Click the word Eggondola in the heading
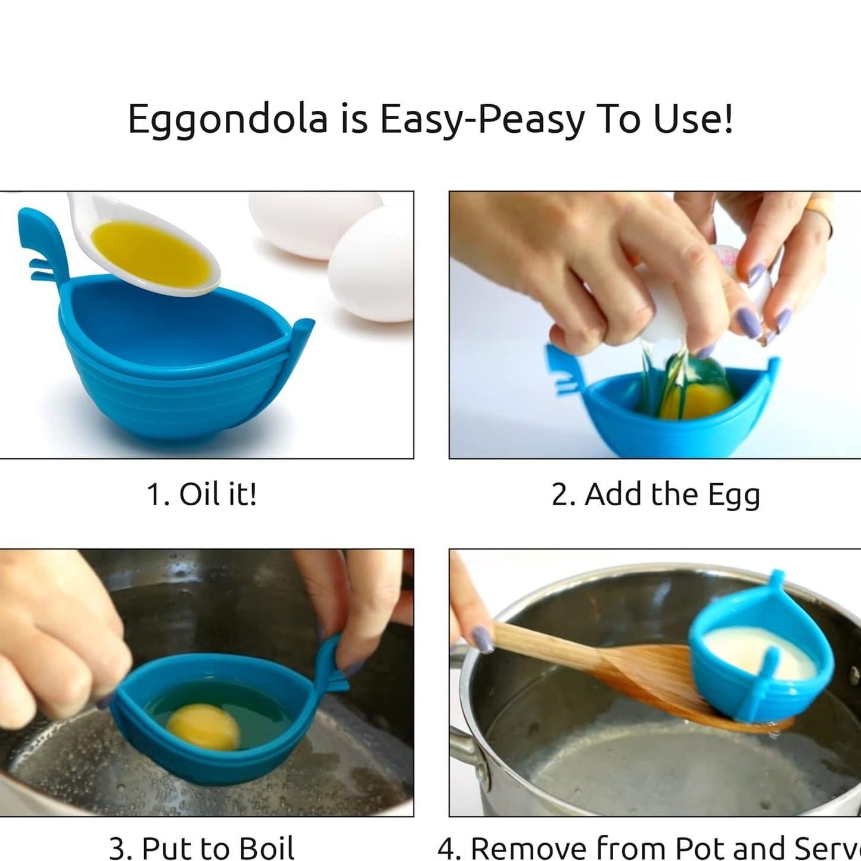coord(228,120)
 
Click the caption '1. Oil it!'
coord(201,495)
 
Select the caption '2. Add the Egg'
coord(655,495)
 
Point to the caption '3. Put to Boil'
coord(201,848)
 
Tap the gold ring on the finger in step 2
coord(822,215)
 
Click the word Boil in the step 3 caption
coord(266,848)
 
